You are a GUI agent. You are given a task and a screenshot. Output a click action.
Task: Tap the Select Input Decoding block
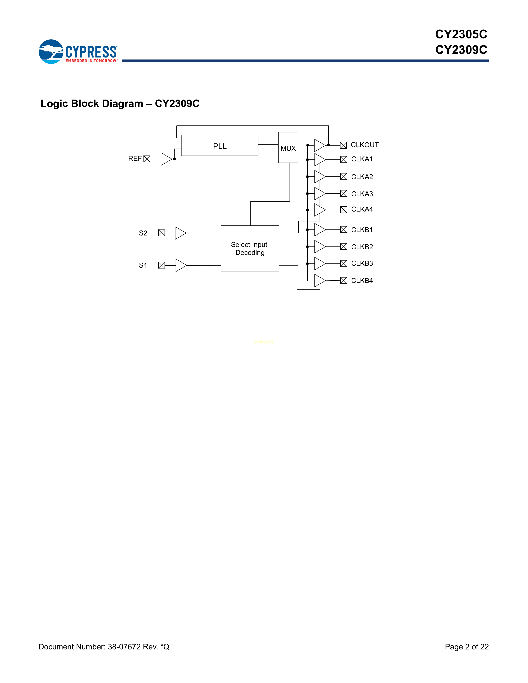tap(250, 248)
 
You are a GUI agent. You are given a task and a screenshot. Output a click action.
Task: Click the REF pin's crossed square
tap(147, 159)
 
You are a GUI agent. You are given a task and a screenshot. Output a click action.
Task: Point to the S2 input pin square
tap(162, 233)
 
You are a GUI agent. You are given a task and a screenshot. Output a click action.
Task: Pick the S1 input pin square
tap(162, 265)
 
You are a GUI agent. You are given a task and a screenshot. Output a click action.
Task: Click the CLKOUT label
tap(364, 145)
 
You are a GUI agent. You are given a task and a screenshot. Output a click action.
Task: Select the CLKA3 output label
tap(362, 194)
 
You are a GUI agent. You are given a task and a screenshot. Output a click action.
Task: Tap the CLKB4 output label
tap(362, 280)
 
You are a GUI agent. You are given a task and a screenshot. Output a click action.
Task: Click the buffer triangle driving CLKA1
tap(319, 160)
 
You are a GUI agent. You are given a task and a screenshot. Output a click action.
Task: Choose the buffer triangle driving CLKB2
tap(319, 247)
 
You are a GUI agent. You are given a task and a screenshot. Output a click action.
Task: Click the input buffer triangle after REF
tap(166, 159)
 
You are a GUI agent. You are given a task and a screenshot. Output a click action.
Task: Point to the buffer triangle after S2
tap(180, 233)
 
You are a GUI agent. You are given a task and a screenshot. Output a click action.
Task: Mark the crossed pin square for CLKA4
tap(344, 209)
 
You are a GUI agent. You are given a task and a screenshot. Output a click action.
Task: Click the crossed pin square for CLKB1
tap(344, 230)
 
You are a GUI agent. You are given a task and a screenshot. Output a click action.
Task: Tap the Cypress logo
tap(78, 52)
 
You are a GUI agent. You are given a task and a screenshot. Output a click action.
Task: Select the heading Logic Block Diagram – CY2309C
tap(120, 103)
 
